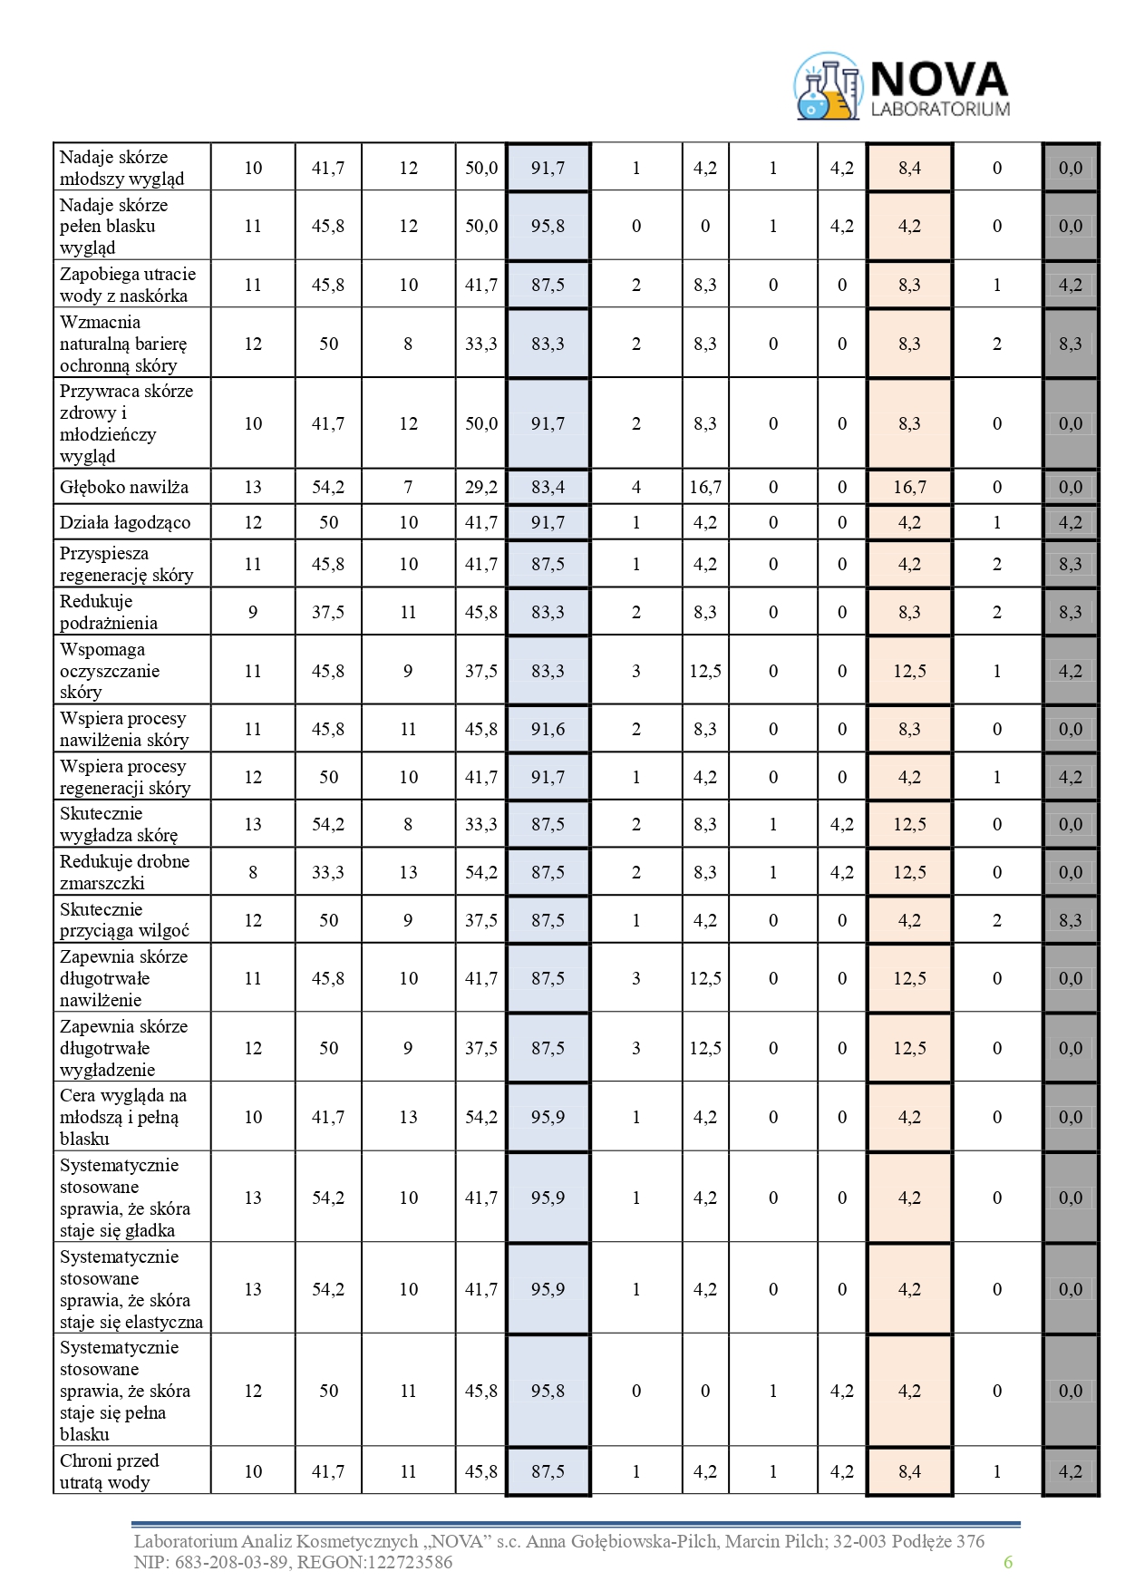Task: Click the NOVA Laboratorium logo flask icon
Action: pyautogui.click(x=827, y=88)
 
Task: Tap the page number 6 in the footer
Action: pyautogui.click(x=1007, y=1561)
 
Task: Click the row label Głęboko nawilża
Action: pyautogui.click(x=124, y=487)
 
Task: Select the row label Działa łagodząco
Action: pyautogui.click(x=125, y=522)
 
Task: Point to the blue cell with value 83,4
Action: pyautogui.click(x=548, y=487)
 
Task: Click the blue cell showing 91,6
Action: pyautogui.click(x=548, y=729)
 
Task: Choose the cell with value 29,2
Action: pyautogui.click(x=480, y=487)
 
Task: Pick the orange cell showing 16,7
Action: pyautogui.click(x=909, y=487)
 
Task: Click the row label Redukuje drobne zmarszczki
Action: pyautogui.click(x=124, y=872)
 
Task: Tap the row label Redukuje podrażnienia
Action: pyautogui.click(x=109, y=612)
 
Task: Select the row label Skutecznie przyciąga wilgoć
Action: pyautogui.click(x=124, y=920)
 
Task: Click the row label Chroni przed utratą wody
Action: pyautogui.click(x=109, y=1471)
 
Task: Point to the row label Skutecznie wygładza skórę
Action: pyautogui.click(x=119, y=824)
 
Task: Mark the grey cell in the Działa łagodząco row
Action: pyautogui.click(x=1070, y=522)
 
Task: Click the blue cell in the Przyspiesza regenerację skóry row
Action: pyautogui.click(x=548, y=564)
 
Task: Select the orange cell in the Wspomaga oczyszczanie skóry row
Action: pyautogui.click(x=909, y=671)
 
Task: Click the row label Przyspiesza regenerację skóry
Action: pyautogui.click(x=126, y=564)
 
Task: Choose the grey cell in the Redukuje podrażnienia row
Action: pyautogui.click(x=1070, y=612)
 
